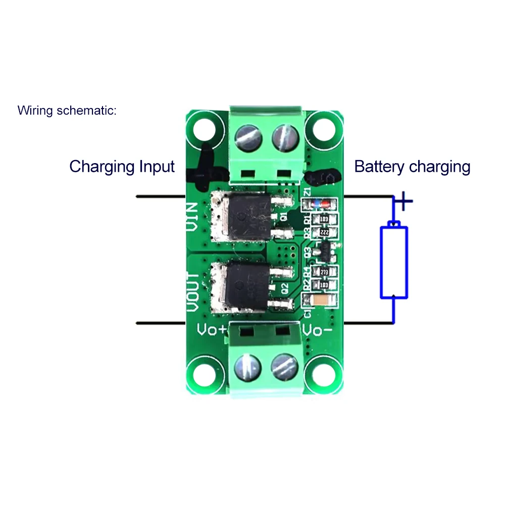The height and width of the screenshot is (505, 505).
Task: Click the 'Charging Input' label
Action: pyautogui.click(x=122, y=166)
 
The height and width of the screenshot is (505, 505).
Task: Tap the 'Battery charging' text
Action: pyautogui.click(x=412, y=166)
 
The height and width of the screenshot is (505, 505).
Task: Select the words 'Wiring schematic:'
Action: pyautogui.click(x=67, y=110)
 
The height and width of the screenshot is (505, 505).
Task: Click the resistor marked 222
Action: pyautogui.click(x=325, y=232)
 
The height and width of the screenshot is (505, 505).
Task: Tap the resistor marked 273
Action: pyautogui.click(x=324, y=272)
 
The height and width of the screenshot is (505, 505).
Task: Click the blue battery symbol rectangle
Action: pyautogui.click(x=394, y=263)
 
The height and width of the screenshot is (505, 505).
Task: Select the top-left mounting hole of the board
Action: pyautogui.click(x=205, y=130)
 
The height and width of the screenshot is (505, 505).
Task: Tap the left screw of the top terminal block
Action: pyautogui.click(x=248, y=137)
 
